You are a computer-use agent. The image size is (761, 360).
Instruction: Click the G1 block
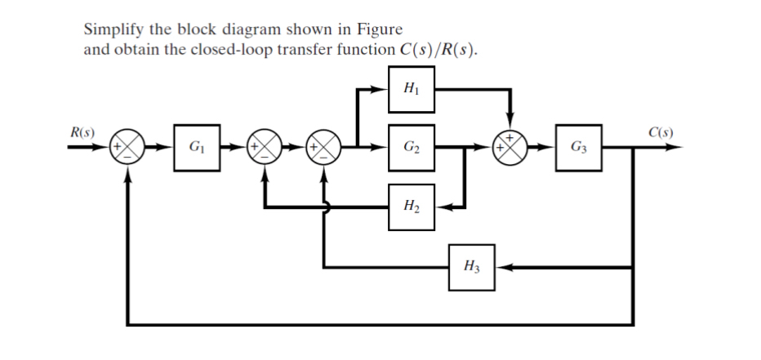tap(197, 149)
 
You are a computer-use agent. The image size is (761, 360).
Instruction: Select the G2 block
tap(412, 149)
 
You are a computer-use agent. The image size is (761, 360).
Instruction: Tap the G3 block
tap(578, 149)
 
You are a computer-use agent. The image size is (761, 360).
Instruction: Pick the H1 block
tap(412, 87)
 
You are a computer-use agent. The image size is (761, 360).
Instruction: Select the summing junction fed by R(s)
tap(127, 149)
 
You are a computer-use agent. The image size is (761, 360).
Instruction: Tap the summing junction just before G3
tap(510, 149)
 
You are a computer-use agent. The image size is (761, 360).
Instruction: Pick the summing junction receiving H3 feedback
tap(325, 149)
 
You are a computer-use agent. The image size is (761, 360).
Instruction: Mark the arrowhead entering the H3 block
tap(501, 266)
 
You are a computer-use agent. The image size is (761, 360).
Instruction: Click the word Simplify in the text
tap(112, 30)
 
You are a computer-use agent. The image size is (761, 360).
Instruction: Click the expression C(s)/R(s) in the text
tap(437, 49)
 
